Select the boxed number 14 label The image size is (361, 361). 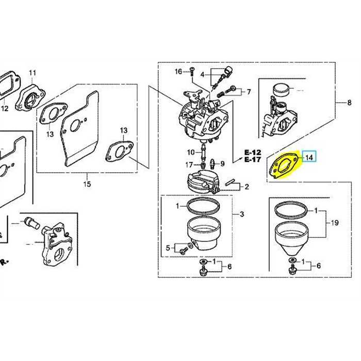click(x=309, y=157)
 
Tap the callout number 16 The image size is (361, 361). click(x=178, y=72)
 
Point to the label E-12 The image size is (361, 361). click(x=253, y=153)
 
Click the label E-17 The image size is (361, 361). click(x=253, y=159)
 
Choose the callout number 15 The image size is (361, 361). click(x=87, y=184)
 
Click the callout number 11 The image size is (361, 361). click(x=32, y=73)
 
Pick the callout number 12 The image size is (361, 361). click(x=5, y=108)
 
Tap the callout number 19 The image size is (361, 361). click(x=335, y=223)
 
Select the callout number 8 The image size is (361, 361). click(x=349, y=103)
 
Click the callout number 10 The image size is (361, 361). click(x=191, y=152)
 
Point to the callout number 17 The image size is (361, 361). click(x=189, y=165)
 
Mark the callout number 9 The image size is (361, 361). click(x=222, y=163)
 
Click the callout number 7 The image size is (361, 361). click(x=249, y=92)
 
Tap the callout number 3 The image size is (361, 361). click(x=242, y=215)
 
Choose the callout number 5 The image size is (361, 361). click(x=168, y=248)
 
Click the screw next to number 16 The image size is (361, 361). click(x=192, y=71)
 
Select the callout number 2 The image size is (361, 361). click(x=247, y=187)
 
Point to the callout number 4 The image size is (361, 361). click(x=202, y=75)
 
